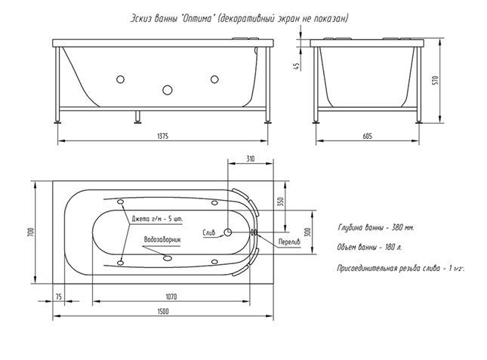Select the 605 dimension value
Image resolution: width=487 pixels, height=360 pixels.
[367, 136]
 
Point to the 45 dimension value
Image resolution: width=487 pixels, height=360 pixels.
[299, 66]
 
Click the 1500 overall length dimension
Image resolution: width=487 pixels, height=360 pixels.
[162, 311]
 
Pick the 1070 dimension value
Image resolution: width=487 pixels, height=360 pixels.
[173, 295]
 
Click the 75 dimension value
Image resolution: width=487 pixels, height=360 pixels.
[58, 295]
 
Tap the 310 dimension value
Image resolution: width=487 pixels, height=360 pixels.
[251, 158]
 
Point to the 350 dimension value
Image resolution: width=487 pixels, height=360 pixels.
[279, 202]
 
